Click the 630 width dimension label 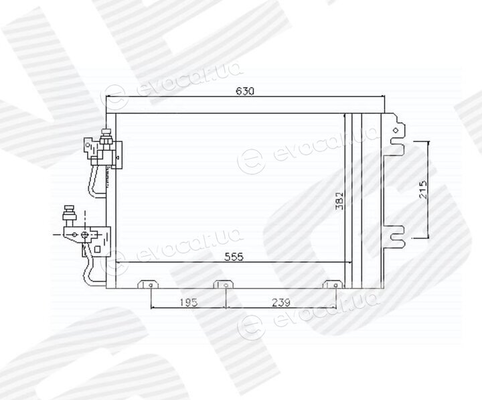point(245,91)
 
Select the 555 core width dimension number point(234,257)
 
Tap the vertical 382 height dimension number point(339,201)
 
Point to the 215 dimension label point(423,190)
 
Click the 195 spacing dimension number point(188,302)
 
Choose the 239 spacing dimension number point(281,302)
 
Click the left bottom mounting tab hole point(151,285)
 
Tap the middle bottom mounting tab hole point(226,285)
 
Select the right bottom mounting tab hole point(335,285)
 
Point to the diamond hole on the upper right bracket point(396,130)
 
